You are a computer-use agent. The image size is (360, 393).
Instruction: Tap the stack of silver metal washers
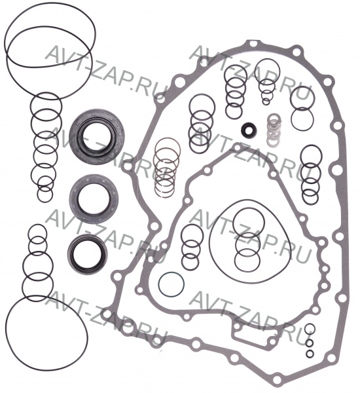pos(274,130)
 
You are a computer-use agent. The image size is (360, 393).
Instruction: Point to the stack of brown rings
pos(167,168)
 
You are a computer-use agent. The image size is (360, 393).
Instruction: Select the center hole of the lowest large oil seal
pos(87,254)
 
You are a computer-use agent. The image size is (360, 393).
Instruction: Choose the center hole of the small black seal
pos(249,130)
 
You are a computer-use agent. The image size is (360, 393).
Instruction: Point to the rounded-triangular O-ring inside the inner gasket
pos(210,240)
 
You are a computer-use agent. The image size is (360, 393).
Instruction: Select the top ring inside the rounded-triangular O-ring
pos(248,208)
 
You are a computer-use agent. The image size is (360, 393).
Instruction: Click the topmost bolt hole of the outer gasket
pos(253,45)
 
